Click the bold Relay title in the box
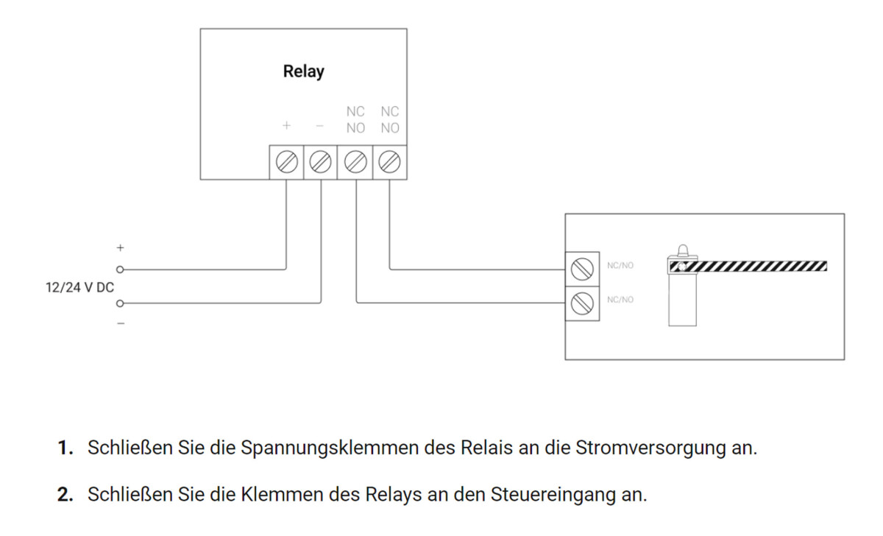[303, 72]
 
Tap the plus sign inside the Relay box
[286, 126]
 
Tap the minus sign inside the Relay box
[320, 126]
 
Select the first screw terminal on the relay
[286, 162]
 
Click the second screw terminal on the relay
[321, 162]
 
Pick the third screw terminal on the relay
[355, 162]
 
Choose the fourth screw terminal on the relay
[389, 162]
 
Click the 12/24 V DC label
[80, 287]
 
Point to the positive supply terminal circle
[119, 270]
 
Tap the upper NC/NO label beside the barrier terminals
[620, 266]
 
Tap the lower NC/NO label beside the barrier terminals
[620, 300]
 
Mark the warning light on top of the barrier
[682, 250]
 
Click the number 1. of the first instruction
[67, 448]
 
